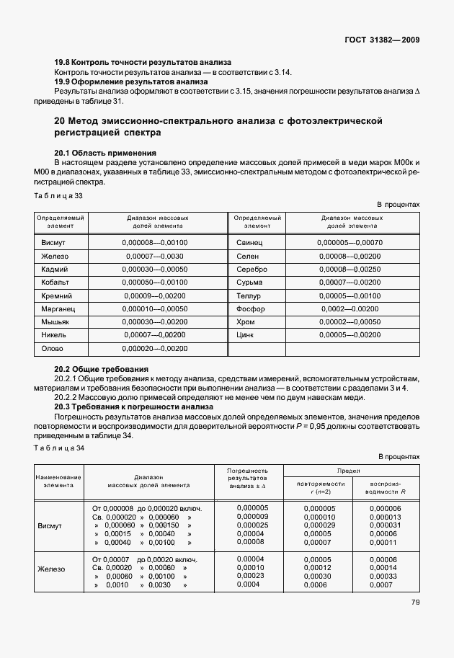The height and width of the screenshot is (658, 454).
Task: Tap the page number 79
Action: [x=415, y=603]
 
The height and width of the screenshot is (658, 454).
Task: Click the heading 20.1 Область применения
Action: [x=105, y=154]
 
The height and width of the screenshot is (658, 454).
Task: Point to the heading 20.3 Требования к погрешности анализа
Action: [x=133, y=406]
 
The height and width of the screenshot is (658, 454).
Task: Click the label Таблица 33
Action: [x=58, y=195]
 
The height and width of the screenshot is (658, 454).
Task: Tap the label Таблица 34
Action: [x=58, y=448]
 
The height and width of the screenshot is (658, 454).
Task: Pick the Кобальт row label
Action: [x=56, y=283]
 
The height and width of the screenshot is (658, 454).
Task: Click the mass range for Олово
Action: [x=155, y=349]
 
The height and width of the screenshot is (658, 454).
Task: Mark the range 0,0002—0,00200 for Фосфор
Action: [x=350, y=309]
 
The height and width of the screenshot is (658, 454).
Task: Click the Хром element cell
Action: [x=245, y=322]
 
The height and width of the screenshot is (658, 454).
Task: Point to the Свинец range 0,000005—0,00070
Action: [x=350, y=243]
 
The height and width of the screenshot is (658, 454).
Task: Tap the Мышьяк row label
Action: [x=56, y=322]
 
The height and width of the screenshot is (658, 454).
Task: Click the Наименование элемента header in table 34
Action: [x=58, y=481]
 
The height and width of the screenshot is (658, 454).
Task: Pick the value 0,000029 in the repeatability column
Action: [x=319, y=525]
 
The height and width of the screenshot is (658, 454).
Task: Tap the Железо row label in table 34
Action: [x=51, y=569]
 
